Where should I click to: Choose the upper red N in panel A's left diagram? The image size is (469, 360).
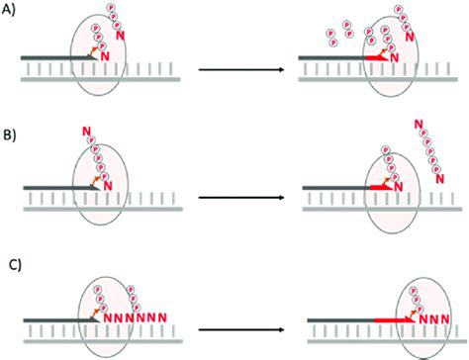(x=121, y=37)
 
